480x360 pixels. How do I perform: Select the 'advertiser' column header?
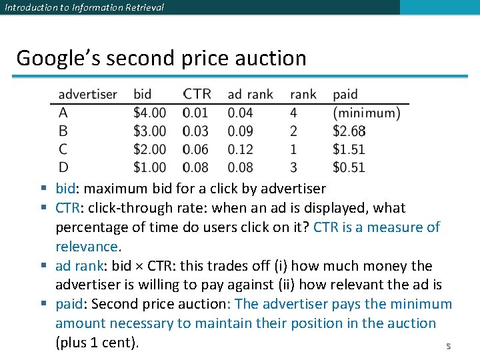pyautogui.click(x=87, y=95)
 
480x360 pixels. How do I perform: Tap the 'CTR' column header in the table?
pyautogui.click(x=197, y=95)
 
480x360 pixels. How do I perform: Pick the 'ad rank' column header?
pyautogui.click(x=250, y=95)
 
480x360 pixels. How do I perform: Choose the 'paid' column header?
pyautogui.click(x=345, y=95)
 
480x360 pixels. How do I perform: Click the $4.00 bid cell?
pyautogui.click(x=149, y=113)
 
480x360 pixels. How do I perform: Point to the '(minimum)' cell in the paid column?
pyautogui.click(x=366, y=113)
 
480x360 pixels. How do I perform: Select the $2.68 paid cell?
pyautogui.click(x=349, y=131)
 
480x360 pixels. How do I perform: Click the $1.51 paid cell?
pyautogui.click(x=349, y=149)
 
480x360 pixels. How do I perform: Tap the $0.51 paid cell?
pyautogui.click(x=349, y=167)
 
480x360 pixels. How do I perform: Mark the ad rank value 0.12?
pyautogui.click(x=241, y=149)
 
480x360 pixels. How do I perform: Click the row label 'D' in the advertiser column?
pyautogui.click(x=63, y=167)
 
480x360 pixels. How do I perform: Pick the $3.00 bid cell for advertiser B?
pyautogui.click(x=149, y=131)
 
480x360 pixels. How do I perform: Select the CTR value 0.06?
pyautogui.click(x=196, y=149)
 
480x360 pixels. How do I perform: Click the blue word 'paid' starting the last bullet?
pyautogui.click(x=69, y=304)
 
